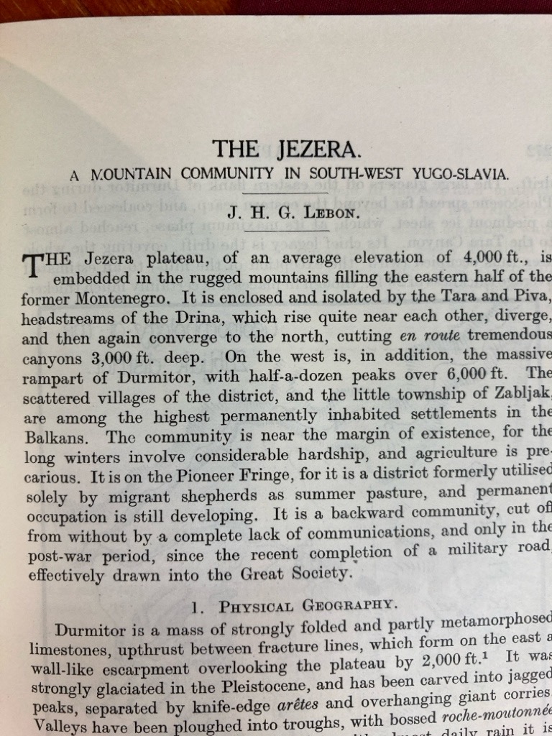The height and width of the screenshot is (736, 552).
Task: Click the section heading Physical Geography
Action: tap(308, 605)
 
